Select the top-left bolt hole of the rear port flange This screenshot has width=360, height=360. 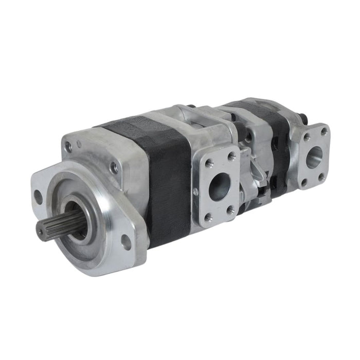click(307, 138)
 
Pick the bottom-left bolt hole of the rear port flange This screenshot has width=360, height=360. click(304, 182)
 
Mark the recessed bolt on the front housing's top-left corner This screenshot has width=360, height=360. click(68, 148)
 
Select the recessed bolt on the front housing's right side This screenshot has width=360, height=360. click(114, 168)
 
